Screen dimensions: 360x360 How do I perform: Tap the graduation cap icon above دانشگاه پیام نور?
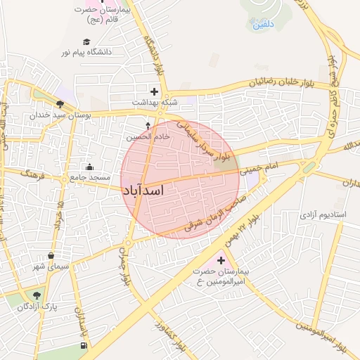86,42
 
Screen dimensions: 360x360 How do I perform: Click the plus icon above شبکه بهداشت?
154,91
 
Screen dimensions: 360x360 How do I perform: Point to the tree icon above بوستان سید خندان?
69,104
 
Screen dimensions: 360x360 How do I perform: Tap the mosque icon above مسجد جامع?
89,167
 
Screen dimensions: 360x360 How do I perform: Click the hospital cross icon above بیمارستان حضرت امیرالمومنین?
221,261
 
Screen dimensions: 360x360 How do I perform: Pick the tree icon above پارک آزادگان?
37,295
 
